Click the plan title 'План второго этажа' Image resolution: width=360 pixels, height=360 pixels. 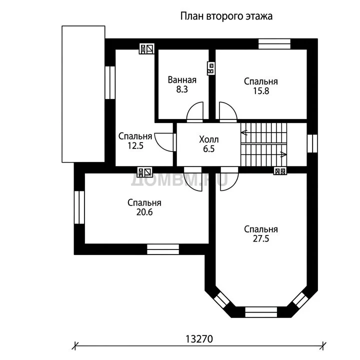(226, 16)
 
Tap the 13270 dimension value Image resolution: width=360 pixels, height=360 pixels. (199, 339)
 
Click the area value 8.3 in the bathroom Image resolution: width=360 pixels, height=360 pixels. (182, 89)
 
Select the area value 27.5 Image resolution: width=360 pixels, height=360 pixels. (261, 239)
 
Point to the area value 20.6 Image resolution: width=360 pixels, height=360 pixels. (144, 212)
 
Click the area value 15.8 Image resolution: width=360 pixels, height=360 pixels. (261, 91)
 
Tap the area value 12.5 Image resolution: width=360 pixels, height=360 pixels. (135, 145)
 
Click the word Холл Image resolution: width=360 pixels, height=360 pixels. (209, 139)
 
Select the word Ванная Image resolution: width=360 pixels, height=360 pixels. (182, 80)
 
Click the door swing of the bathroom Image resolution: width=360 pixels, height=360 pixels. (195, 110)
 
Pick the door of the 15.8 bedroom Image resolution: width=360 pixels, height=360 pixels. (228, 110)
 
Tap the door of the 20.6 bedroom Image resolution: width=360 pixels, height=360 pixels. (193, 179)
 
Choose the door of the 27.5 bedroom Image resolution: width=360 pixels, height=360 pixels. (229, 179)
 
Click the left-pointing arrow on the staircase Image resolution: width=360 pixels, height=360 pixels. (244, 132)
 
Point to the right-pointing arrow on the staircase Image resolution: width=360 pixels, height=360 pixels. (283, 154)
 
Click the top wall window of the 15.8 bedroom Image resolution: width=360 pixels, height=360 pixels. (274, 44)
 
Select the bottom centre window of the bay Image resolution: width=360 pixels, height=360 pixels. (261, 312)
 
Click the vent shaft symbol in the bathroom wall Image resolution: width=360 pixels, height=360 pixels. (211, 68)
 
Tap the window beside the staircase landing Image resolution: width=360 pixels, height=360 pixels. (312, 143)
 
